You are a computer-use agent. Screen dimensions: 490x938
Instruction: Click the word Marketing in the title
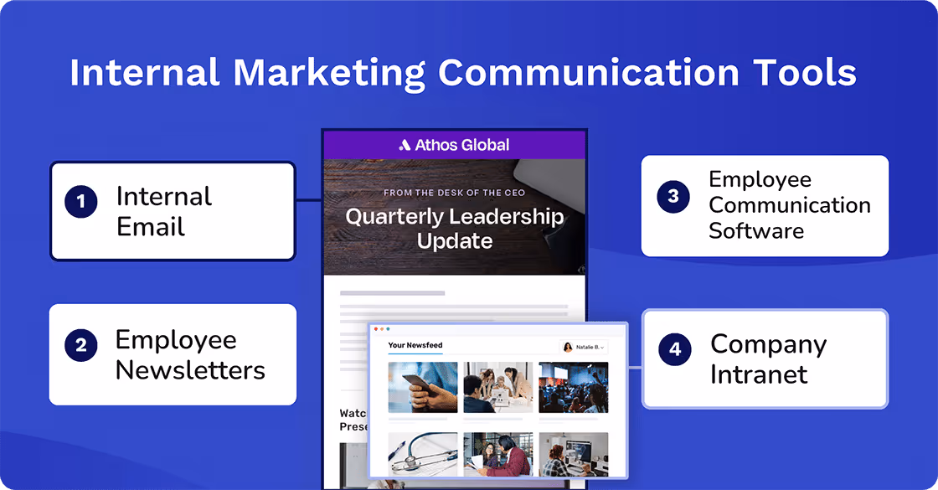pyautogui.click(x=327, y=73)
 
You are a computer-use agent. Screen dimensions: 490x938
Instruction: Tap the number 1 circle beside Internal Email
pyautogui.click(x=81, y=201)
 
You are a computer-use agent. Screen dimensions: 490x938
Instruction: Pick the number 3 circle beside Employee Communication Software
pyautogui.click(x=673, y=196)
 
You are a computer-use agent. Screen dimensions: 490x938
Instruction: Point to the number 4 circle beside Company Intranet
pyautogui.click(x=675, y=349)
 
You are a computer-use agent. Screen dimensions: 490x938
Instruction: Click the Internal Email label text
pyautogui.click(x=163, y=211)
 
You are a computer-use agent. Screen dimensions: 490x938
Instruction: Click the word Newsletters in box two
pyautogui.click(x=190, y=369)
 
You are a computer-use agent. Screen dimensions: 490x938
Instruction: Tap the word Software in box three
pyautogui.click(x=756, y=230)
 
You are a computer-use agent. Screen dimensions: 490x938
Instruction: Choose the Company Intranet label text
pyautogui.click(x=768, y=358)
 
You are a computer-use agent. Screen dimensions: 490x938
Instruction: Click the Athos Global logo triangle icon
pyautogui.click(x=405, y=145)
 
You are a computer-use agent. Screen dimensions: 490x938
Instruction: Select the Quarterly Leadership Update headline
pyautogui.click(x=455, y=229)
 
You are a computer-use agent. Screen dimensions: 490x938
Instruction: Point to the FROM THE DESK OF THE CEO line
pyautogui.click(x=454, y=193)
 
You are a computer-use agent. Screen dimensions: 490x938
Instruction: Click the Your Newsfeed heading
pyautogui.click(x=415, y=345)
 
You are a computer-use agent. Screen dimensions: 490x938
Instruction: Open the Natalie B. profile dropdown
pyautogui.click(x=584, y=347)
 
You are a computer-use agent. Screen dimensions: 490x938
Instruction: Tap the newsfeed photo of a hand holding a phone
pyautogui.click(x=423, y=387)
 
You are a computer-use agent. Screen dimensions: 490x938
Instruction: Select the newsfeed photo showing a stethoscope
pyautogui.click(x=423, y=453)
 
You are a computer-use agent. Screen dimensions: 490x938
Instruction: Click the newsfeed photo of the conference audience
pyautogui.click(x=573, y=387)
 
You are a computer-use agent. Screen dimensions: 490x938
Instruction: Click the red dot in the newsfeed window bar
pyautogui.click(x=376, y=329)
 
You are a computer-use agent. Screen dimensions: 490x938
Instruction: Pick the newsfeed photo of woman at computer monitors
pyautogui.click(x=573, y=453)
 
